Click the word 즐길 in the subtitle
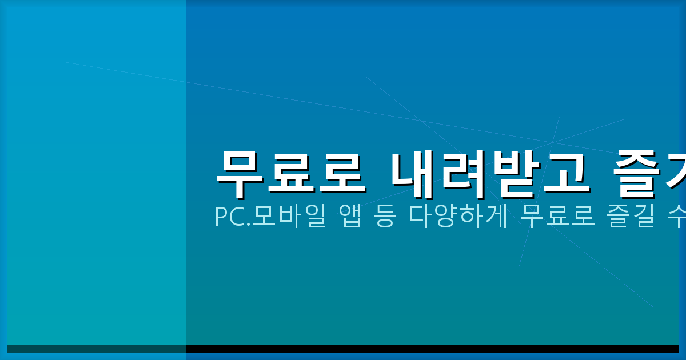pos(631,217)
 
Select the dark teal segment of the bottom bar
pos(97,349)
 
